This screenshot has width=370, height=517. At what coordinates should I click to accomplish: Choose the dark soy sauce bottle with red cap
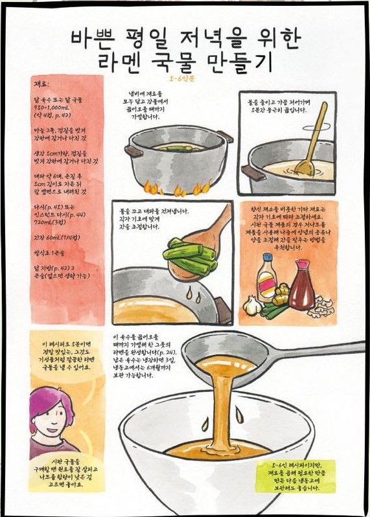(302, 284)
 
